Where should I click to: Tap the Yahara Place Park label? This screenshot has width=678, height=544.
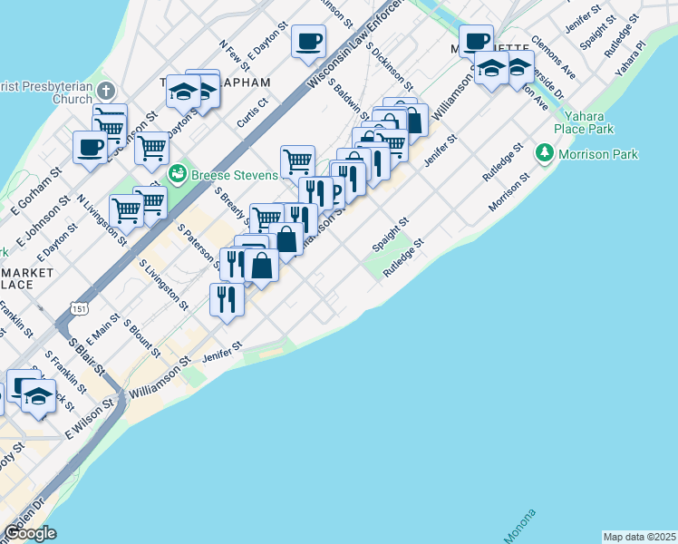click(x=588, y=122)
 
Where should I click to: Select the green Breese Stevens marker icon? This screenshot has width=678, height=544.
click(x=178, y=171)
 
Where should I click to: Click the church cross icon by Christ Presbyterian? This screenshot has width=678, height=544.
click(x=107, y=90)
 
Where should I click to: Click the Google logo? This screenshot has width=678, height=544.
click(x=29, y=532)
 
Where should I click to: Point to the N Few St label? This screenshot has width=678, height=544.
click(x=234, y=55)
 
